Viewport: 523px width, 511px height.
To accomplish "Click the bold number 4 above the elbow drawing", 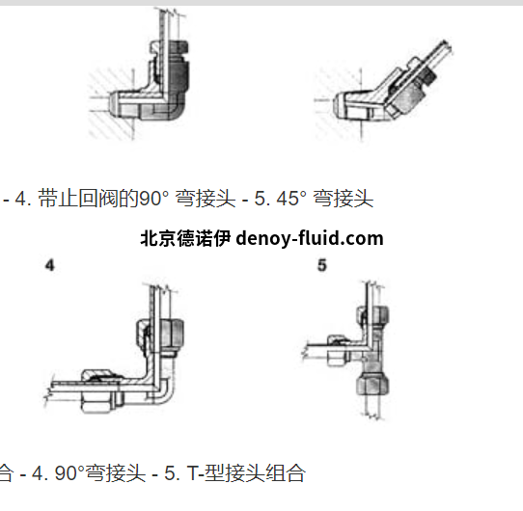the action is pos(50,266).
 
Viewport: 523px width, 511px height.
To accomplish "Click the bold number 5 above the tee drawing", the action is pos(322,266).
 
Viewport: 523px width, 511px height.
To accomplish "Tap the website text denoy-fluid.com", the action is pos(310,239).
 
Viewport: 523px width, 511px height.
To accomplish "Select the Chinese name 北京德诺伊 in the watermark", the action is pos(185,239).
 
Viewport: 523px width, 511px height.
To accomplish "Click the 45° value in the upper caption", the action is pos(291,199).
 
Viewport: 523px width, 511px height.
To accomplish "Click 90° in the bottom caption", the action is pos(69,473).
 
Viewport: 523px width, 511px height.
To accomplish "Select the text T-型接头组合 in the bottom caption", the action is pos(246,473).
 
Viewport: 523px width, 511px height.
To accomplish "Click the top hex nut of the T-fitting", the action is pos(372,315).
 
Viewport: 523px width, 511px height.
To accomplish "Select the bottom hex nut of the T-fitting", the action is pos(372,385).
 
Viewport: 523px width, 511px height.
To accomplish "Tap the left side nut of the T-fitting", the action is pos(339,350).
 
